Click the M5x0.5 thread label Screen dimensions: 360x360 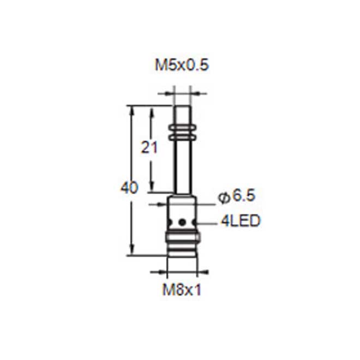click(182, 66)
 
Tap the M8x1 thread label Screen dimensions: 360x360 click(182, 290)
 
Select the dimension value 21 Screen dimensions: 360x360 click(149, 148)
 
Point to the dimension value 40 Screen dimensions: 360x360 click(129, 188)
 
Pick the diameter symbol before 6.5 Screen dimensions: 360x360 click(224, 197)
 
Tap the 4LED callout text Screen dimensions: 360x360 click(240, 221)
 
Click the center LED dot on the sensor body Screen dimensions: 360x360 click(182, 222)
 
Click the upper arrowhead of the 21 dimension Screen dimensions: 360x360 click(153, 110)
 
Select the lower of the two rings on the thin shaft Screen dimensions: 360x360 click(182, 134)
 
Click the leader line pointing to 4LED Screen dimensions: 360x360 click(207, 222)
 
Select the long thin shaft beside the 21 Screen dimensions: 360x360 click(182, 164)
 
